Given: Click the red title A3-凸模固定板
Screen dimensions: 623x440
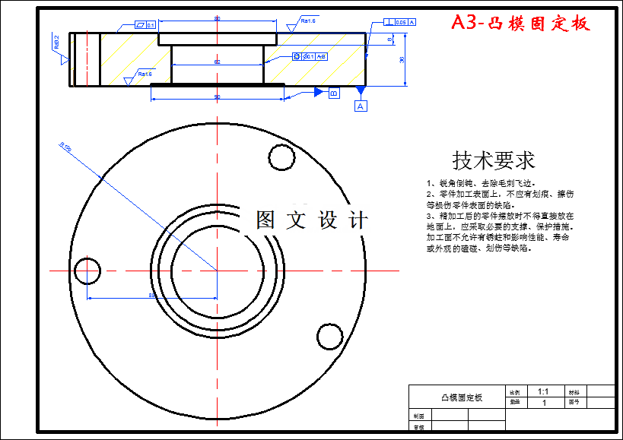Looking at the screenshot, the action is point(520,23).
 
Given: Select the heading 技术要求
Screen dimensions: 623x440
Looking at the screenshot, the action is point(494,160).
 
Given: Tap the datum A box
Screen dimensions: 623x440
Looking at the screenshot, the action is point(361,106).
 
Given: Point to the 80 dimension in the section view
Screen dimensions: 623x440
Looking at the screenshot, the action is point(218,18).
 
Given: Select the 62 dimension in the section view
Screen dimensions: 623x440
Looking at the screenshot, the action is point(217,62).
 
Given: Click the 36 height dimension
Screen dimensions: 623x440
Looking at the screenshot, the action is point(402,60).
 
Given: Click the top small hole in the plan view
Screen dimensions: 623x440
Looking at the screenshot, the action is point(281,157).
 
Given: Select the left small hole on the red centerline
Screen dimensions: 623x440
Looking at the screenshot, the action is point(87,270).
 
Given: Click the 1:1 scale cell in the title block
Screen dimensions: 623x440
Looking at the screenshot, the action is point(543,391).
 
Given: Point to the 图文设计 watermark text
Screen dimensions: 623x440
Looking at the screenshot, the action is point(312,220).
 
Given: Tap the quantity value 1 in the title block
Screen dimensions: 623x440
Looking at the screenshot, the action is point(543,403).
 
